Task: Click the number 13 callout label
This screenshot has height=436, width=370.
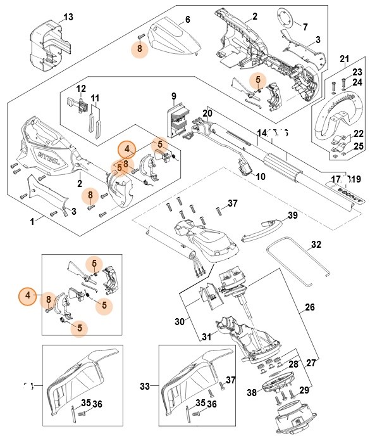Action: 68,16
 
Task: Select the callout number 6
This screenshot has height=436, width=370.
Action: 187,20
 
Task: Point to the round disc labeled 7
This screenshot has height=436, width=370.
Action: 288,16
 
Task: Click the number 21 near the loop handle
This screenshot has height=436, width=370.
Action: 344,60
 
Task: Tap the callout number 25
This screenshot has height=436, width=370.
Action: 357,147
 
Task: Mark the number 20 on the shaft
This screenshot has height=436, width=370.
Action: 207,114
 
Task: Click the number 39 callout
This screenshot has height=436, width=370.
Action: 292,215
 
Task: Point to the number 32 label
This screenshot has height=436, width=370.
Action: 316,244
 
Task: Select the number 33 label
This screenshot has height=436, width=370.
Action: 145,386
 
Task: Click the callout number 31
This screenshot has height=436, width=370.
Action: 206,336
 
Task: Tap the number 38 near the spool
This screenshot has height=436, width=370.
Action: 252,393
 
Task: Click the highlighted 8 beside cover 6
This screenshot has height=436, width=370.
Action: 140,48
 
